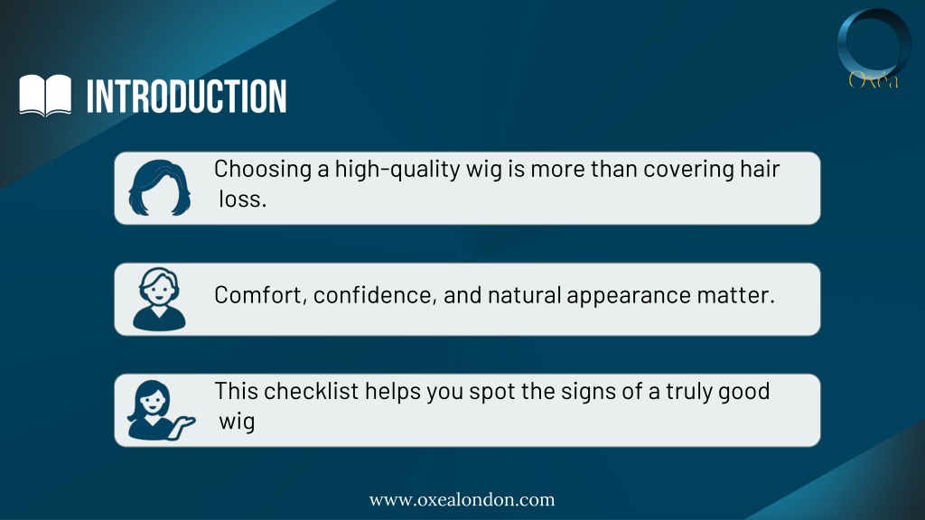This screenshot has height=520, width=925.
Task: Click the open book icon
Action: tap(45, 95)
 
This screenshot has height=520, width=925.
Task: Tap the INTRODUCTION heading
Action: tap(186, 96)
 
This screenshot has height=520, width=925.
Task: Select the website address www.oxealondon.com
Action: tap(462, 500)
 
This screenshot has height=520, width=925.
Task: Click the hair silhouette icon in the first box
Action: tap(159, 188)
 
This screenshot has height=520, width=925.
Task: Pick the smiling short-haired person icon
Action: tap(159, 299)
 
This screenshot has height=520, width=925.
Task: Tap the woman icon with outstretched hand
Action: tap(161, 411)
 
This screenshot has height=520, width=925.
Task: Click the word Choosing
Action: tap(263, 170)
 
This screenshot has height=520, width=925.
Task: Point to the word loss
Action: tap(242, 200)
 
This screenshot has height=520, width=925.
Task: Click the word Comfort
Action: tap(260, 295)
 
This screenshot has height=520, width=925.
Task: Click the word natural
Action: tap(524, 295)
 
